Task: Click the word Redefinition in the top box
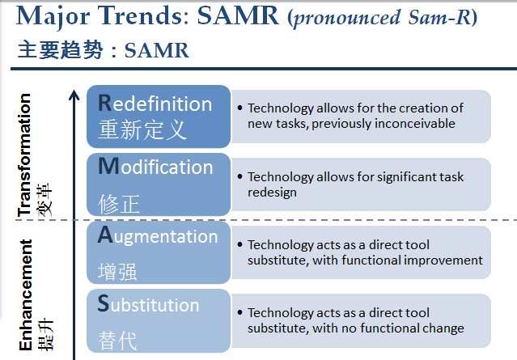click(155, 104)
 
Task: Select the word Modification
click(155, 166)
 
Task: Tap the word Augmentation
click(158, 236)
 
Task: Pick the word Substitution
click(148, 304)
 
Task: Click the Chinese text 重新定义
click(142, 129)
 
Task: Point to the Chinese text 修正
click(119, 204)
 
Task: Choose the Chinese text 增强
click(117, 272)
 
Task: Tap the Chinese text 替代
click(117, 341)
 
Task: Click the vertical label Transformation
click(25, 155)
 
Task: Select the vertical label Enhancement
click(26, 295)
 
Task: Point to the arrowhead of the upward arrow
click(74, 95)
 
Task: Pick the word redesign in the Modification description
click(272, 193)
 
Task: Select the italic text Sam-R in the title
click(439, 17)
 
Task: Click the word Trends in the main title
click(144, 15)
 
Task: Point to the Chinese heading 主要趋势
click(60, 50)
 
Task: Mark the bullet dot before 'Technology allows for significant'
click(239, 176)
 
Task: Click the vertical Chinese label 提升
click(45, 334)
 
